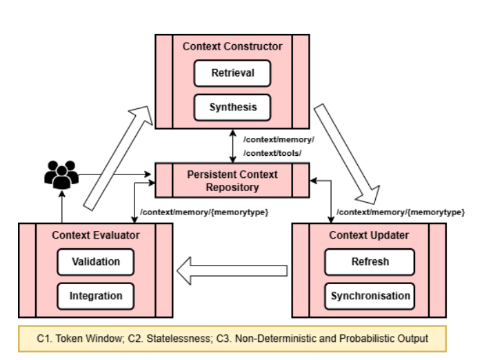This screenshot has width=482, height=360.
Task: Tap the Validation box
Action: click(x=95, y=262)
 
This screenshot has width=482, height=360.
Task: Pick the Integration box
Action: click(x=95, y=296)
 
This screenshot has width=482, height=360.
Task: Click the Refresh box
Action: click(x=370, y=262)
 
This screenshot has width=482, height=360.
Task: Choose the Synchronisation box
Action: click(x=370, y=296)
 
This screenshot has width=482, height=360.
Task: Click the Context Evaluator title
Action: click(x=96, y=235)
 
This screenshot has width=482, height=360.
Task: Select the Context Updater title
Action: click(x=369, y=235)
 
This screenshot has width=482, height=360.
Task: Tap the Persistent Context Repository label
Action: click(x=232, y=180)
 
